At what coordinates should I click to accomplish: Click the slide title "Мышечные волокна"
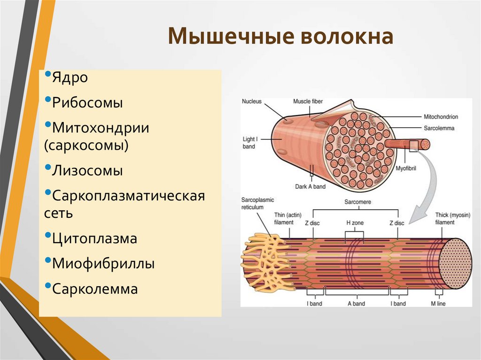[x=280, y=37]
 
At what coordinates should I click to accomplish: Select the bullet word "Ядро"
[x=70, y=78]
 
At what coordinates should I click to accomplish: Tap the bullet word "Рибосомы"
[x=87, y=103]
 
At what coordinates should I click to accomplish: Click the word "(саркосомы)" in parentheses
[x=86, y=145]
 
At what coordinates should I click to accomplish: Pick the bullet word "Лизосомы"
[x=87, y=170]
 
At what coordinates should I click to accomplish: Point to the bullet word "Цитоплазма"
[x=94, y=238]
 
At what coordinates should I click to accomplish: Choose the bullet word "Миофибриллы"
[x=103, y=264]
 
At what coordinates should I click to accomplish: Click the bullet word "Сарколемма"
[x=95, y=289]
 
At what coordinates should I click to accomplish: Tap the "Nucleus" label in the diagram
[x=252, y=101]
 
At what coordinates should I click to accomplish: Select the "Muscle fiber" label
[x=308, y=101]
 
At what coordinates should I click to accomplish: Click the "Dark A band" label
[x=310, y=186]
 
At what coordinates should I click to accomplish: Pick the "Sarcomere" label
[x=355, y=202]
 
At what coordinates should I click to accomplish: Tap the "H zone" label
[x=355, y=222]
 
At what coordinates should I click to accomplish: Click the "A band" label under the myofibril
[x=356, y=304]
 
